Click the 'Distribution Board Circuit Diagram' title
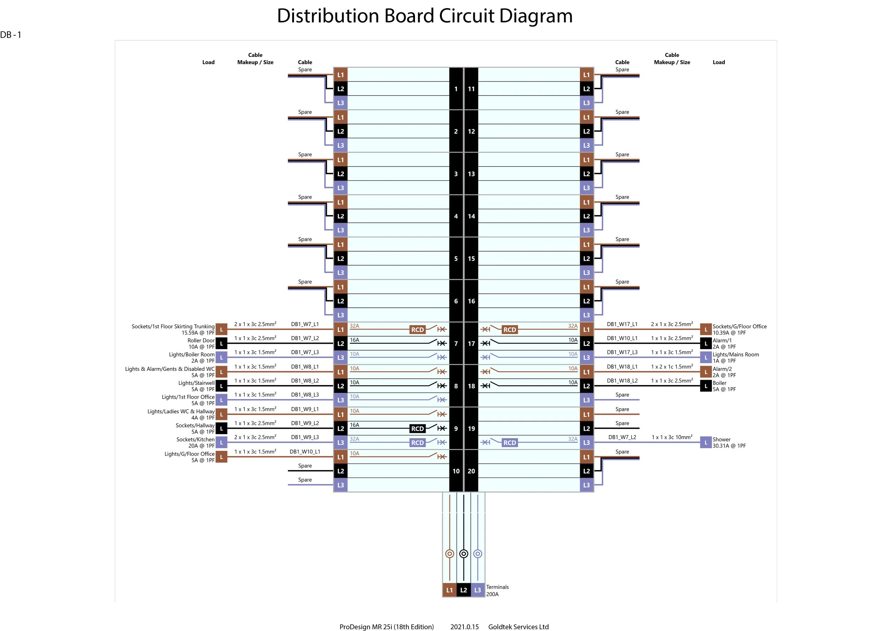[425, 16]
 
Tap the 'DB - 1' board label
[11, 35]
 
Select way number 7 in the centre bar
[456, 343]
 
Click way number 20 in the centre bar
[471, 471]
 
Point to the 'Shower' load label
[721, 439]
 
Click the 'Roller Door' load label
[201, 340]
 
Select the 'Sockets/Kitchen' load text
[196, 439]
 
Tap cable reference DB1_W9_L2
[305, 423]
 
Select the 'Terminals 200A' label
[497, 590]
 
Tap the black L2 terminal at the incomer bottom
[463, 590]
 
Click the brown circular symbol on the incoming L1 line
[450, 554]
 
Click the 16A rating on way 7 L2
[354, 340]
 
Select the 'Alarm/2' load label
[722, 369]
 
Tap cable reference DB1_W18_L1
[622, 367]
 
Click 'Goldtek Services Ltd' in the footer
[518, 627]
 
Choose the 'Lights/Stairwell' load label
[196, 383]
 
